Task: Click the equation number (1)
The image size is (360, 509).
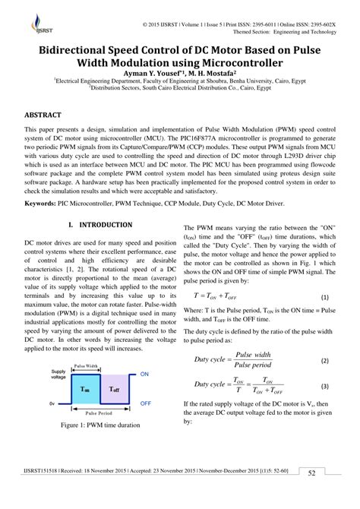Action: (x=324, y=298)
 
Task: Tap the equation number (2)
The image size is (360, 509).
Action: (x=324, y=360)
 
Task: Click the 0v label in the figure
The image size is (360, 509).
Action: (x=52, y=403)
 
